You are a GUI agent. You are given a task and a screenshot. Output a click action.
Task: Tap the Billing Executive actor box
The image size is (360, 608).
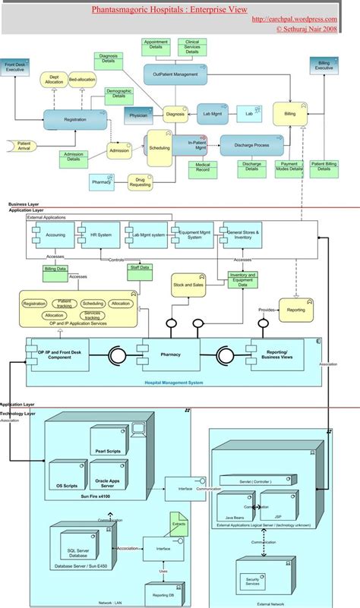pos(324,66)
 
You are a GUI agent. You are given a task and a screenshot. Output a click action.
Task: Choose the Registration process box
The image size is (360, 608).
pos(74,119)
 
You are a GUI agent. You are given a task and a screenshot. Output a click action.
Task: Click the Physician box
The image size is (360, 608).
pos(138,116)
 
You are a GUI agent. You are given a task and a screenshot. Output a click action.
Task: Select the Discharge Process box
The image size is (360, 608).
pos(251,145)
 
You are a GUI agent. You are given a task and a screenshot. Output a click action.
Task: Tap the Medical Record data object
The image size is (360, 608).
pos(203,169)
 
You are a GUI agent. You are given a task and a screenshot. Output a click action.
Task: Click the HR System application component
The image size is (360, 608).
pos(99,235)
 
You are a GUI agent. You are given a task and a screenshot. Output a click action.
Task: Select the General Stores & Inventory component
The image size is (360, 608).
pos(243,235)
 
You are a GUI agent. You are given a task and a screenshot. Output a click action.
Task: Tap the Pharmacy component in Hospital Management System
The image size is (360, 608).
pos(169,354)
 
